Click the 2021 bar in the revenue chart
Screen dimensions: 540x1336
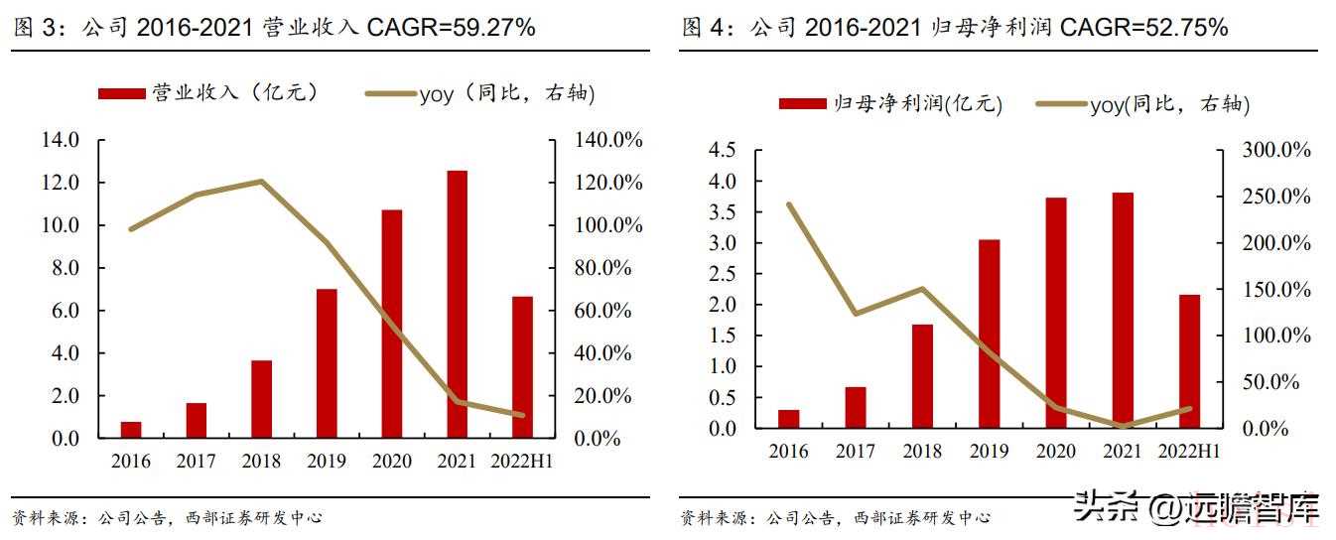457,304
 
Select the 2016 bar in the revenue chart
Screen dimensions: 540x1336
131,430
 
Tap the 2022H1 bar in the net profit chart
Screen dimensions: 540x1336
1189,361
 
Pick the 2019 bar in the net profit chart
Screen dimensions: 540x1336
989,334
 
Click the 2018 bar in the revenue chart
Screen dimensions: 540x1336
261,399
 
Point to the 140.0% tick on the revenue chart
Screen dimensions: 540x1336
609,140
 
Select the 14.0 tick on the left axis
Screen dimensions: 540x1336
60,140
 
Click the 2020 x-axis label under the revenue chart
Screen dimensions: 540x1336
392,461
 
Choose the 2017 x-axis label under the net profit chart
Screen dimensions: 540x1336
856,451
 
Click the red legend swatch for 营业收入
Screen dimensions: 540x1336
122,93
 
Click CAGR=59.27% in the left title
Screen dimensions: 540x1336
451,28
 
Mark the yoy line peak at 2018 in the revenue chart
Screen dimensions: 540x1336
261,181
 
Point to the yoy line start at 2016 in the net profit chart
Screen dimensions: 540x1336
789,204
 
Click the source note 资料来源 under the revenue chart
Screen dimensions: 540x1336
46,517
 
